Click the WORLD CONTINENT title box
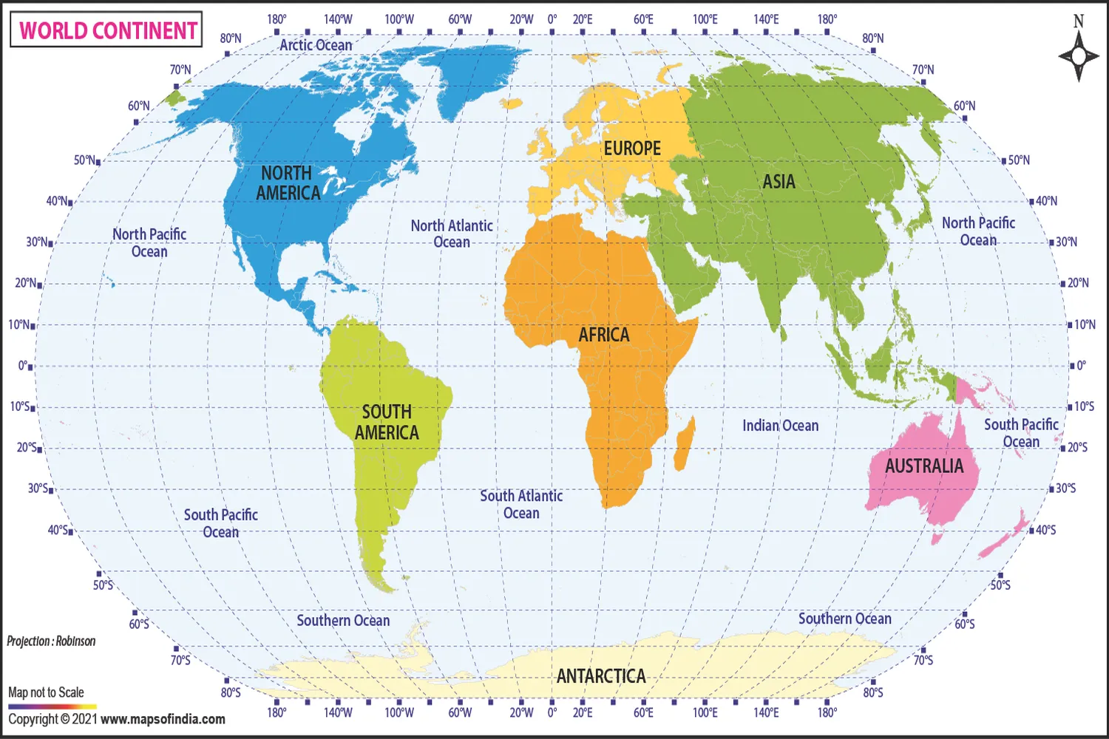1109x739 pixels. click(106, 30)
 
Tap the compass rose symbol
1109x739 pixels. click(1078, 56)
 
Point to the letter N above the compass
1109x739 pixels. click(1078, 21)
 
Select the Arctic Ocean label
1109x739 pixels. click(316, 45)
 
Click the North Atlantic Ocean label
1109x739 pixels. click(452, 234)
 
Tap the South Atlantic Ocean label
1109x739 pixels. click(521, 504)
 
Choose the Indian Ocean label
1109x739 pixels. click(780, 426)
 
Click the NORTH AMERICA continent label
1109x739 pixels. click(288, 183)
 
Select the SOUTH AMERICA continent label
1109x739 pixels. click(387, 422)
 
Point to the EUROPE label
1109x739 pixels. click(632, 149)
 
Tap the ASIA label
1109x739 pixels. click(779, 182)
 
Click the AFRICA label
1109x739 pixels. click(604, 335)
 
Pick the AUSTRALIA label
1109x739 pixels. click(924, 466)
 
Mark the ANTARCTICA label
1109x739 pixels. click(601, 676)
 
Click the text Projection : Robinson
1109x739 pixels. click(52, 641)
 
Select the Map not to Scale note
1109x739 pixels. click(46, 692)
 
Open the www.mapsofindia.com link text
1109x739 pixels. click(163, 719)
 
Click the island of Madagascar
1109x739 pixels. click(685, 443)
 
